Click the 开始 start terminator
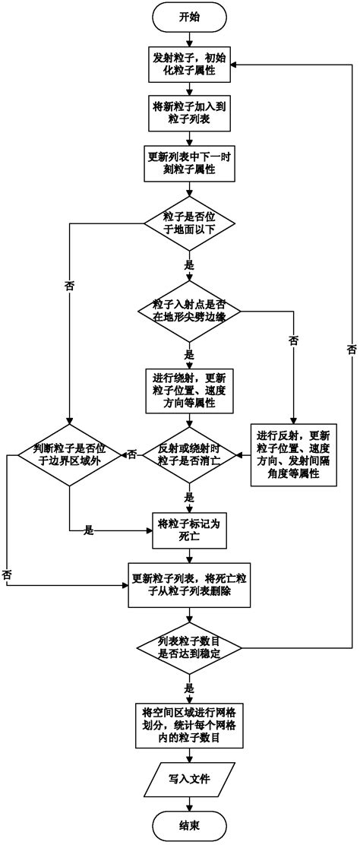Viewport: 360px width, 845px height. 190,17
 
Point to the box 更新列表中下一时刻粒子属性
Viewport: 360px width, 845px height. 190,163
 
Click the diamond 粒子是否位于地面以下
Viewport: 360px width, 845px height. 190,224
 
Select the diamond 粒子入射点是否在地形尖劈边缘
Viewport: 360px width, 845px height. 190,311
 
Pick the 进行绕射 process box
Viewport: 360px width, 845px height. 190,390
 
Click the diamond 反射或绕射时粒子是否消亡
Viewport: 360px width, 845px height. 190,454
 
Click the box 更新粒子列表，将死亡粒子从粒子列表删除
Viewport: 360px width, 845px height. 190,584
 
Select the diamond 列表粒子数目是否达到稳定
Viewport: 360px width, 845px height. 190,648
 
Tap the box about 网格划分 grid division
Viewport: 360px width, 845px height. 190,723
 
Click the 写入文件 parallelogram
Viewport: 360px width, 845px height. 190,778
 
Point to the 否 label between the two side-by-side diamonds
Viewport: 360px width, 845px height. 132,454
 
